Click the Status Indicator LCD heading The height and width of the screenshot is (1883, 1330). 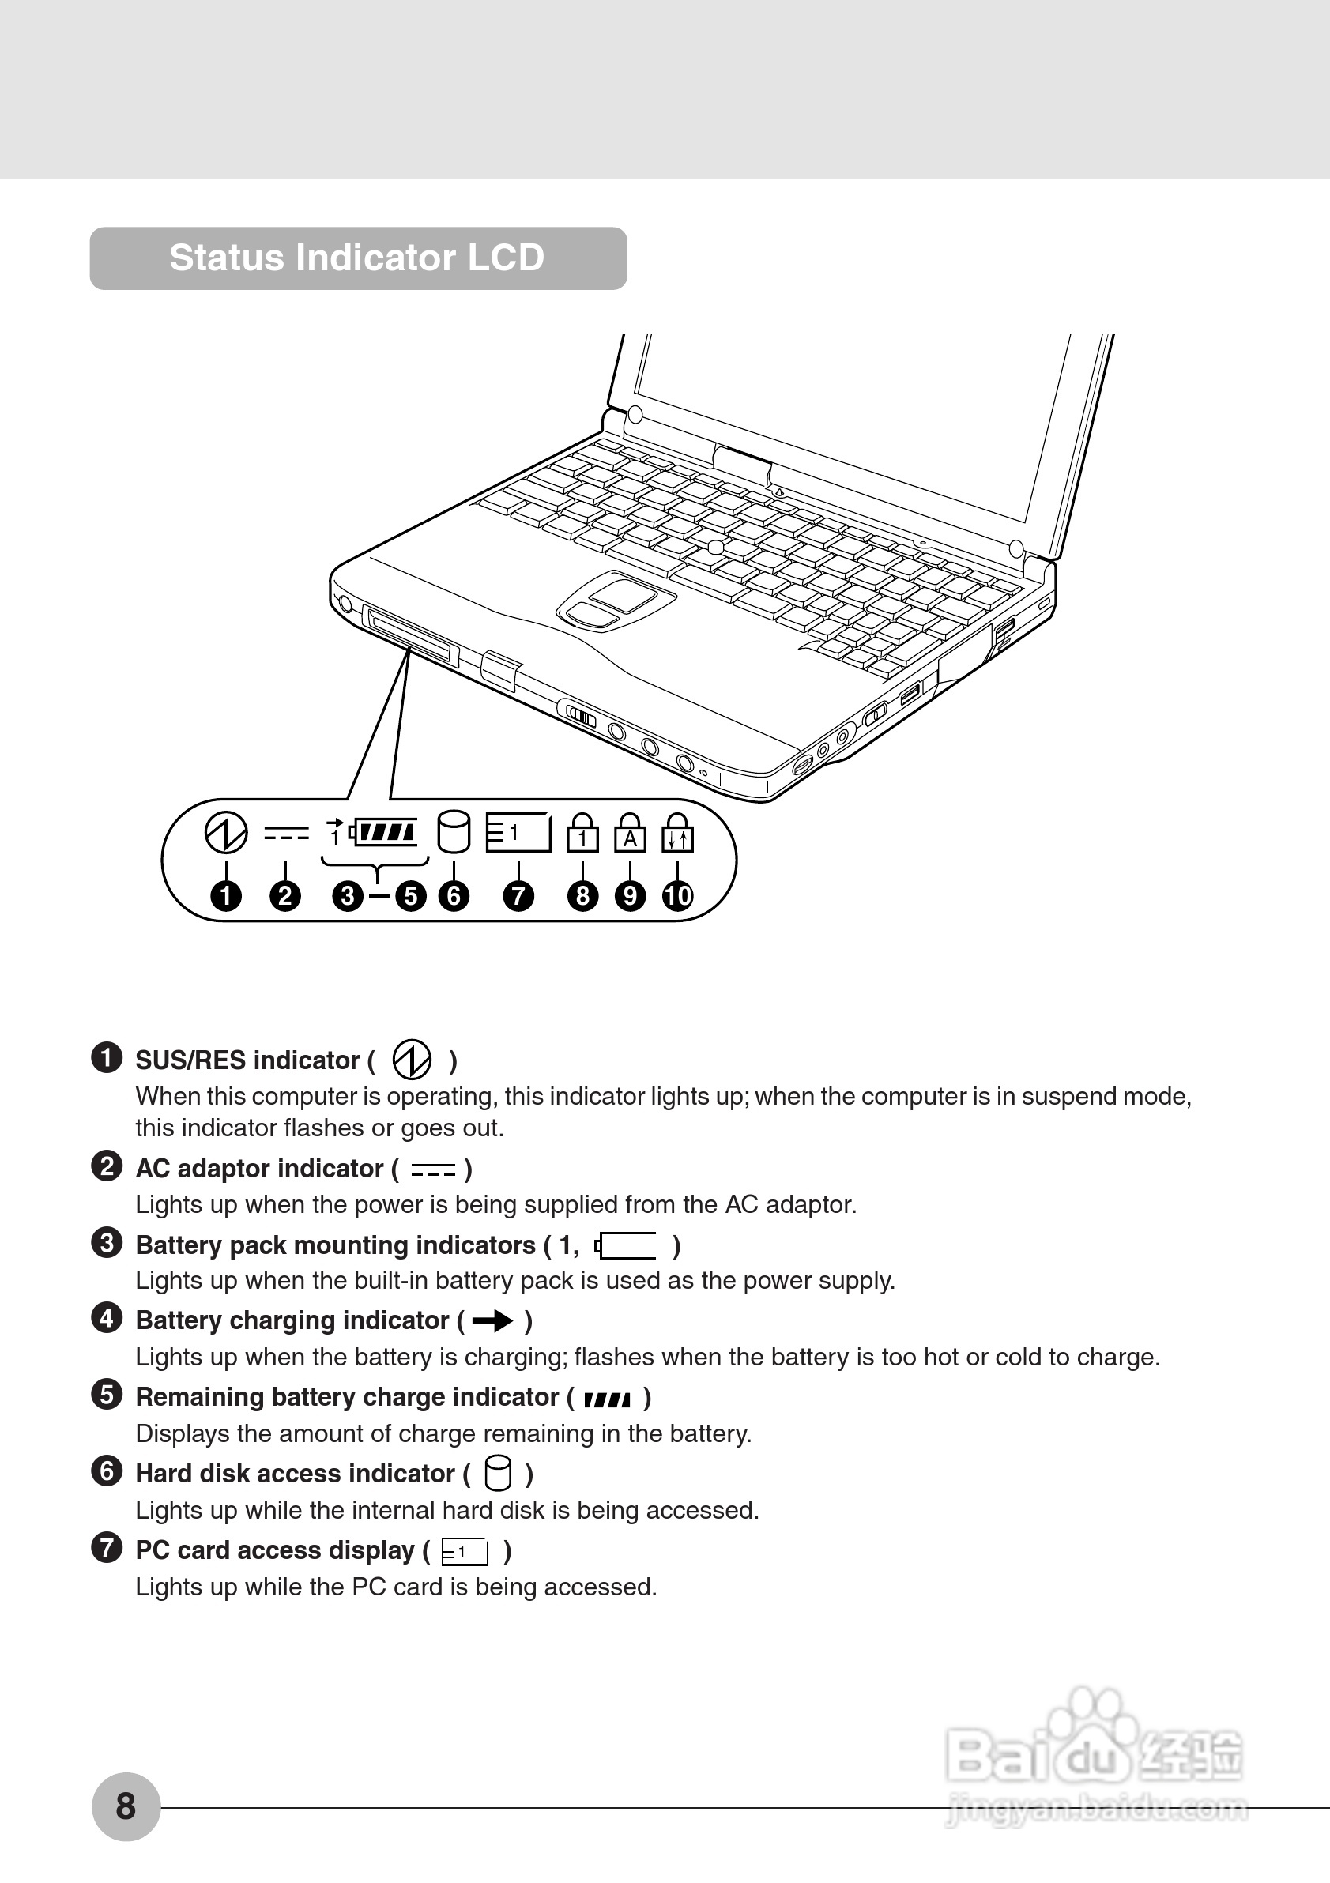tap(356, 258)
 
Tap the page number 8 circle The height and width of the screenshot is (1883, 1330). tap(126, 1806)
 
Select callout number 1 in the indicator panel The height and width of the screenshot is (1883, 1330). tap(226, 895)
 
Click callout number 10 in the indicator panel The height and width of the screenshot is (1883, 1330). tap(677, 895)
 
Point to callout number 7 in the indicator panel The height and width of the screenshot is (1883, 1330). tap(518, 895)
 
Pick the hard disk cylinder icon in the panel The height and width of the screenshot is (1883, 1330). tap(454, 832)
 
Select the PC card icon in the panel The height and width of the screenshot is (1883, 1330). tap(518, 832)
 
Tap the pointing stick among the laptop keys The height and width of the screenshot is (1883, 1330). tap(716, 546)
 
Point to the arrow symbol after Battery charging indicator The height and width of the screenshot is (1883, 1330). tap(493, 1320)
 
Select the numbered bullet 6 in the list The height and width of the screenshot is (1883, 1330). tap(107, 1471)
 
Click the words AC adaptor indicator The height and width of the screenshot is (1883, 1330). tap(259, 1169)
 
